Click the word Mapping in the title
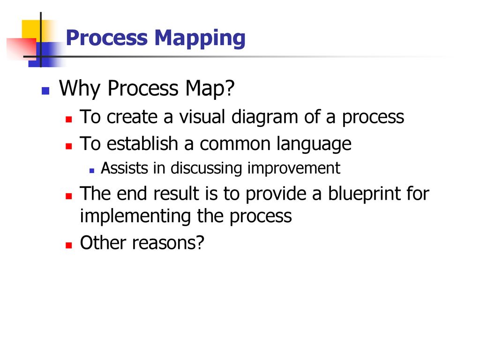(x=200, y=39)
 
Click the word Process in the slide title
(x=107, y=37)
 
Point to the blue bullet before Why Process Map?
(x=45, y=91)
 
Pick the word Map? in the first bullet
(x=210, y=89)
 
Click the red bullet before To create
(x=68, y=119)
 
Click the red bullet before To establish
(x=68, y=146)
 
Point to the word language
(x=314, y=144)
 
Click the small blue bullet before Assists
(x=92, y=171)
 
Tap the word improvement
(x=293, y=169)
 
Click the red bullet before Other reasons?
(x=68, y=245)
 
